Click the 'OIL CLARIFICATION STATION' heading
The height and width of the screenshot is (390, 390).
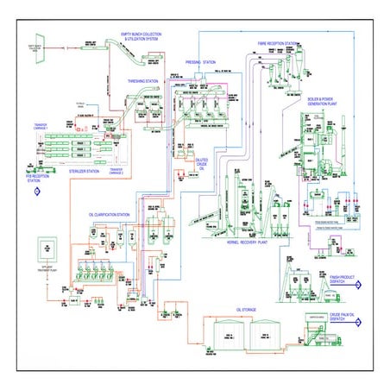click(110, 213)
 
